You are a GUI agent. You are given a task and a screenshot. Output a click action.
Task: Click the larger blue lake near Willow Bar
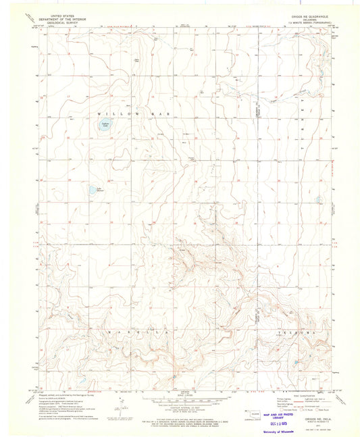pyautogui.click(x=105, y=126)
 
